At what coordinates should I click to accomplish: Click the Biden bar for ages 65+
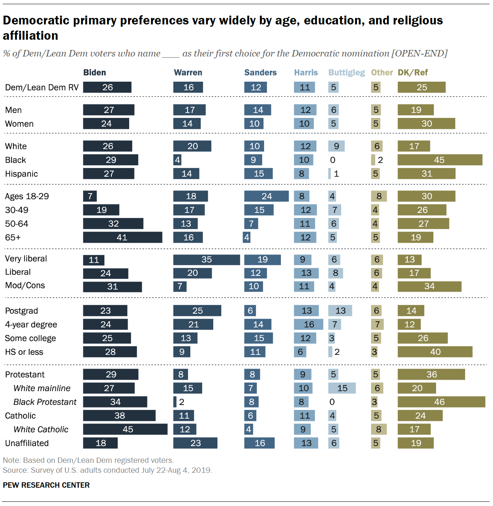pos(122,237)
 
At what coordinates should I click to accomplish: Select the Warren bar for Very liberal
pos(206,259)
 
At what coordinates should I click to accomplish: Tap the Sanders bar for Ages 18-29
pos(266,196)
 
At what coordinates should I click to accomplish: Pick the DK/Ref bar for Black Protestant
pos(441,402)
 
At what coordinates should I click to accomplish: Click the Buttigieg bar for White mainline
pos(342,388)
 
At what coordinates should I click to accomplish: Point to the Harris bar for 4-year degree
pos(308,324)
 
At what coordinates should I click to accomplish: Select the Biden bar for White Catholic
pos(125,429)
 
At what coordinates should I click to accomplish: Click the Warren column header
pos(188,73)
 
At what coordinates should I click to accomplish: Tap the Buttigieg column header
pos(347,73)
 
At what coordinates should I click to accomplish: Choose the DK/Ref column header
pos(413,73)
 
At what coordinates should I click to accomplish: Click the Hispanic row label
pos(21,174)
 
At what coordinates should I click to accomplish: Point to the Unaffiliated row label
pos(27,443)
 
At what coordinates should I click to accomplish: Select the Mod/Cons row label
pos(25,285)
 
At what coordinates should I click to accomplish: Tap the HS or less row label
pos(24,352)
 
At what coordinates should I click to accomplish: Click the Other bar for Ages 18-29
pos(379,196)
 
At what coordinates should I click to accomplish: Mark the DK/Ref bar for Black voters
pos(439,160)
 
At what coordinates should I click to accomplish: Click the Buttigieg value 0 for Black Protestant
pos(332,402)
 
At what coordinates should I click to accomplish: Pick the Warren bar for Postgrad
pos(197,311)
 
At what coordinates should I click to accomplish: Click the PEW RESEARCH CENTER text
pos(46,485)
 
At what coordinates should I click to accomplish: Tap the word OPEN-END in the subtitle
pos(419,53)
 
